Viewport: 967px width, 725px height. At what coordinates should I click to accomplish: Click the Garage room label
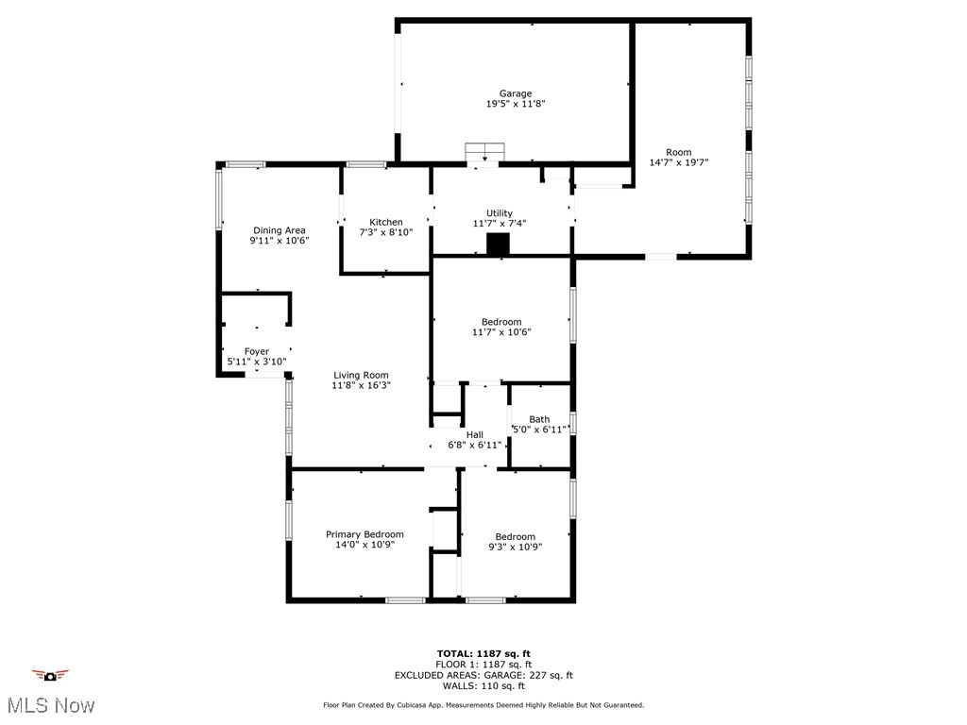[x=516, y=93]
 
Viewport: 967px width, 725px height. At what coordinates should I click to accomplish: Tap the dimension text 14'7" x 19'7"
[x=678, y=162]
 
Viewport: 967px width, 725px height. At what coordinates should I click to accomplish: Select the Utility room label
[x=500, y=213]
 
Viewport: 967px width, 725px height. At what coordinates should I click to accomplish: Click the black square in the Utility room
[x=498, y=244]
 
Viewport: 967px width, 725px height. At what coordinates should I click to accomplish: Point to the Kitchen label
[x=385, y=222]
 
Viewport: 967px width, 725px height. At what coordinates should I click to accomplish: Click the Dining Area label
[x=279, y=230]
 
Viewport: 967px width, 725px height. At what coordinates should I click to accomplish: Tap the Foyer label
[x=256, y=351]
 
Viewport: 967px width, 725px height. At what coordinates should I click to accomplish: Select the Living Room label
[x=360, y=375]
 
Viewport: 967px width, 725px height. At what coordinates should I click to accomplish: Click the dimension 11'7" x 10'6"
[x=501, y=332]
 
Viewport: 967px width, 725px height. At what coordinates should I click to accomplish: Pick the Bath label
[x=539, y=419]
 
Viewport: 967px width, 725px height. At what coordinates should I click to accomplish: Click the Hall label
[x=474, y=434]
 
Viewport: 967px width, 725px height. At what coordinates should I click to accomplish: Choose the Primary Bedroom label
[x=365, y=534]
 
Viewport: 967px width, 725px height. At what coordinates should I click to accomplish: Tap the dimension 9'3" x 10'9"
[x=515, y=547]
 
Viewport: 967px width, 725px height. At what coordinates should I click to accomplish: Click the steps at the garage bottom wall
[x=485, y=152]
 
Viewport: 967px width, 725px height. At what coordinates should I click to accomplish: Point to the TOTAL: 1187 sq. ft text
[x=483, y=653]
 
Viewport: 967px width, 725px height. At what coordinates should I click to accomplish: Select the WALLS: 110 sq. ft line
[x=483, y=686]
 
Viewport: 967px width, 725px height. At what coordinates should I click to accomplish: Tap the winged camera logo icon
[x=50, y=675]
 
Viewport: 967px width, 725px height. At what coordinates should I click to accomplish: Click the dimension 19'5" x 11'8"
[x=516, y=104]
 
